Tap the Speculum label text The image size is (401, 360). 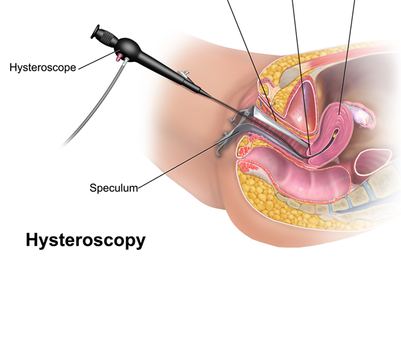(113, 188)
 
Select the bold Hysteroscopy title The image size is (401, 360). (85, 240)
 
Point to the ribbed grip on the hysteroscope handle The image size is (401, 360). (107, 35)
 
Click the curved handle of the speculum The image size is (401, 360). (223, 143)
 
